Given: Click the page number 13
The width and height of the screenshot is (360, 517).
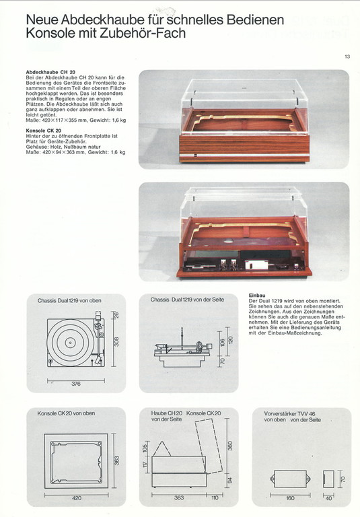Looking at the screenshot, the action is point(347,57).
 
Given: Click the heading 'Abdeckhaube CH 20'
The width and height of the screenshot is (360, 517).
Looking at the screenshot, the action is point(50,72).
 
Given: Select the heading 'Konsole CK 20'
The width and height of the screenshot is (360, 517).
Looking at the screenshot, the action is point(44,131).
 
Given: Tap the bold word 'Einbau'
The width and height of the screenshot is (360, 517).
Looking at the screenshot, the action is point(257,296).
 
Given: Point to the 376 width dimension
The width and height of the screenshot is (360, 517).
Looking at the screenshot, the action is point(76,384).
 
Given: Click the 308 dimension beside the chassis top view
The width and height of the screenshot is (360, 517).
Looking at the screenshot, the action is point(116,341).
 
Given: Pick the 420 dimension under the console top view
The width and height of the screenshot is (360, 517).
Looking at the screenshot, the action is point(77,498).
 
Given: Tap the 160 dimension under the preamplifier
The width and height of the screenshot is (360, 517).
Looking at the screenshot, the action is point(290,498).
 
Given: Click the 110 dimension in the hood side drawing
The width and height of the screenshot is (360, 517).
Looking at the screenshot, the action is point(215,497).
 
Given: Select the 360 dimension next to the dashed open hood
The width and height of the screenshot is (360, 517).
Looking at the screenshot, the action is point(230,446).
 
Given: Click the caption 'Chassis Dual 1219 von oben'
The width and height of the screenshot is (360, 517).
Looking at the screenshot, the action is point(69,301).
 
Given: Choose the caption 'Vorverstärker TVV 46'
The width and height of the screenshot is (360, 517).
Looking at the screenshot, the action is point(289,413).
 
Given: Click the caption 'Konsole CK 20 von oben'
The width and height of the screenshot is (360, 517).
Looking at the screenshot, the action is point(66,413).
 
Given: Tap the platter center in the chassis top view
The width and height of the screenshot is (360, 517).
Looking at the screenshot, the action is point(70,343).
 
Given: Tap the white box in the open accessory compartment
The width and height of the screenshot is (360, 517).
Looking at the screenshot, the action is point(256,265).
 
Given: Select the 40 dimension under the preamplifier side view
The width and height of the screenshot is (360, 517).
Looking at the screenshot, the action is point(328,498).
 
